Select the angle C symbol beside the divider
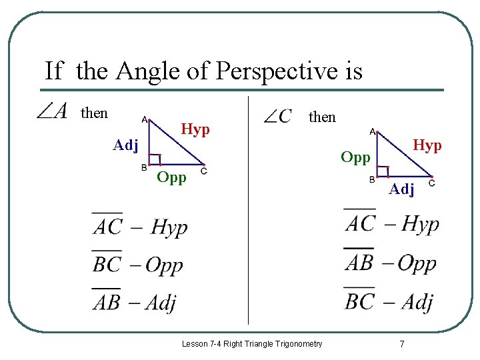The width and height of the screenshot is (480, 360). point(277,117)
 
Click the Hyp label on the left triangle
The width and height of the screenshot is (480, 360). point(195,129)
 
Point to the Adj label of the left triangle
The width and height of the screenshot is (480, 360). point(125,145)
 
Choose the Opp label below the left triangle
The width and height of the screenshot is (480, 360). point(172,177)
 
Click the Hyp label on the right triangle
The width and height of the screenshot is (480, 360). point(427,145)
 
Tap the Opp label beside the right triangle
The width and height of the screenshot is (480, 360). point(355,157)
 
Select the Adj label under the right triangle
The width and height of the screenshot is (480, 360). point(402,189)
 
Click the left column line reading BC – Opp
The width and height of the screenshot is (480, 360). point(137,265)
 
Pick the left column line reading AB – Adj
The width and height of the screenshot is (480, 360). point(134,302)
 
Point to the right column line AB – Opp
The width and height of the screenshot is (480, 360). point(390,263)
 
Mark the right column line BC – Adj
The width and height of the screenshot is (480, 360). point(389,301)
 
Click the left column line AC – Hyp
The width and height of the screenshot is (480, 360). point(140,227)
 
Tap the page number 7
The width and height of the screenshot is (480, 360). point(401,344)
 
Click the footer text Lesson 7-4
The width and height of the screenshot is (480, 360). point(252,344)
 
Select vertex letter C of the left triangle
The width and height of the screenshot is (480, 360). point(203,171)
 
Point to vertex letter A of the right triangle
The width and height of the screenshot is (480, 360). point(372,131)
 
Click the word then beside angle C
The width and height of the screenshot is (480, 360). point(322,117)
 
